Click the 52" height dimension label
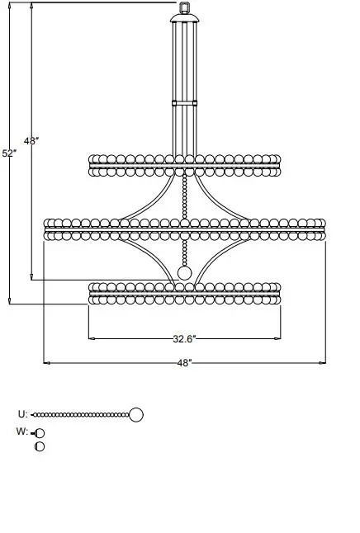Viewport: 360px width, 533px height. coord(9,153)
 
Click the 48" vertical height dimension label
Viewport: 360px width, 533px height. coord(31,141)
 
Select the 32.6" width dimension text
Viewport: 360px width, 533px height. coord(183,338)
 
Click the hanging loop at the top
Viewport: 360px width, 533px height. coord(185,8)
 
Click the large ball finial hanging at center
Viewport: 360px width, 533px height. coord(185,272)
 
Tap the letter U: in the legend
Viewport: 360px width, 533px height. coord(22,414)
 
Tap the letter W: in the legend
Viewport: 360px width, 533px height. coord(22,432)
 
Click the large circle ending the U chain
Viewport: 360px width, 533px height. coord(136,414)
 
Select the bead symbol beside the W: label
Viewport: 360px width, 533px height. coord(39,432)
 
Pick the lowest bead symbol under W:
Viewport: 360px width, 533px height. coord(39,446)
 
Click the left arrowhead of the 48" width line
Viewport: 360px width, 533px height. coord(46,362)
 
